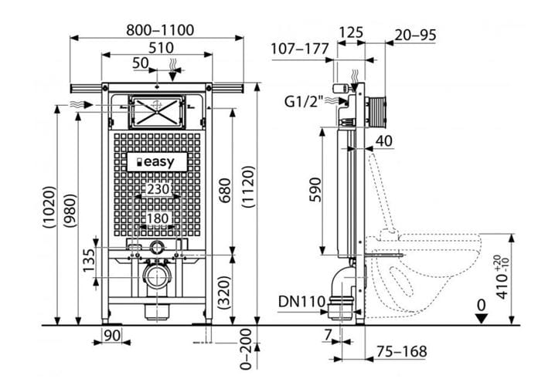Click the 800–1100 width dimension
[x=160, y=30]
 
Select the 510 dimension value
[x=161, y=48]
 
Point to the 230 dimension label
[x=158, y=189]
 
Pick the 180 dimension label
[x=158, y=218]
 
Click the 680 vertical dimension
[x=225, y=190]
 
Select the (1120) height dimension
[x=248, y=187]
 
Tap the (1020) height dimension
[x=49, y=207]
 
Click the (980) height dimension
[x=70, y=211]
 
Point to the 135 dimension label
[x=89, y=260]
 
